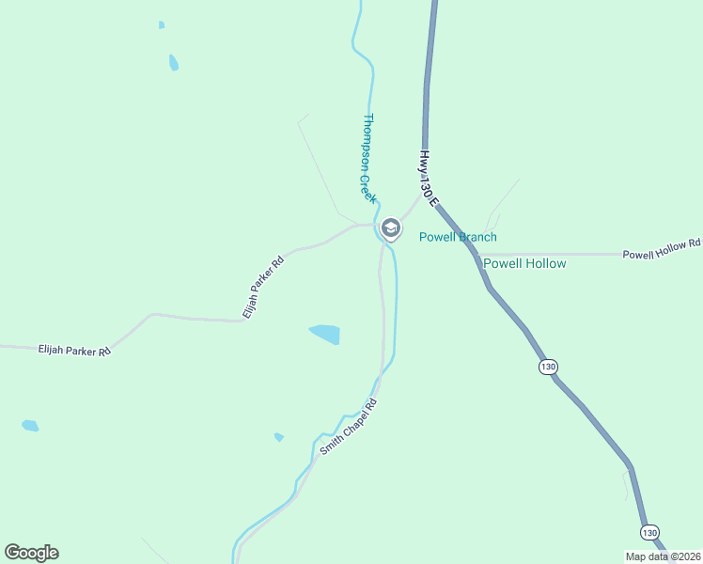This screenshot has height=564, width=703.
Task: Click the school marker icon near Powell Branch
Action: point(390,227)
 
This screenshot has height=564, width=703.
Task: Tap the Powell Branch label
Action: point(458,237)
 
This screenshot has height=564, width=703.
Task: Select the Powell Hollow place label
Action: point(524,263)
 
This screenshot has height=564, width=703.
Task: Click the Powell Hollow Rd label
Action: point(663,249)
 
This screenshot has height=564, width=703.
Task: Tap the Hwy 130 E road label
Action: point(429,178)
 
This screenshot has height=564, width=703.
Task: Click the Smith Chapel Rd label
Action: point(348,427)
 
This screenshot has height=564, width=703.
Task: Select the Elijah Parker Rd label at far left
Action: point(74,350)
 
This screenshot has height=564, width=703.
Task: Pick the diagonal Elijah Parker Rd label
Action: point(262,287)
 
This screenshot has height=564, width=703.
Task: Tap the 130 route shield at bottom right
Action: point(649,532)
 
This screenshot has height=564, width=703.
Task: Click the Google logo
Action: point(31,553)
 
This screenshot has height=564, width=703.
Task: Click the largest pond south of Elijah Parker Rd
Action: point(325,334)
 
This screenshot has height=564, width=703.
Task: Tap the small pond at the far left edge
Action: point(30,426)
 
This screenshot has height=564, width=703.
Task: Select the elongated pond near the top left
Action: point(174,63)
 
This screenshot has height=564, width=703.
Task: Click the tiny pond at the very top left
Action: point(162,24)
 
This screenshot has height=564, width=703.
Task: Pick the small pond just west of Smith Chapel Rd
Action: point(279,437)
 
